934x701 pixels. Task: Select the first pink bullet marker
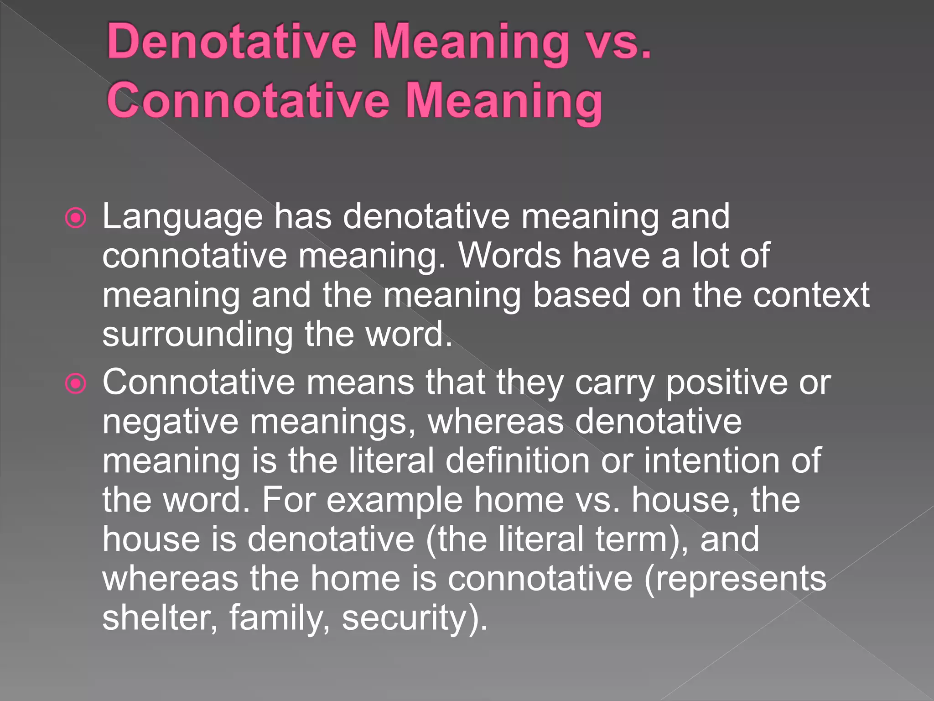pos(76,218)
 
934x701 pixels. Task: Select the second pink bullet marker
pos(76,384)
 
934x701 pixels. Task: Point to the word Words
pos(509,256)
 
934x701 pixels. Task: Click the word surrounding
pos(197,335)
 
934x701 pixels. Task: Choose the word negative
pos(170,422)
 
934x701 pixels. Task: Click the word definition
pos(517,460)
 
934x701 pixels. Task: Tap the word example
pos(394,500)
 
